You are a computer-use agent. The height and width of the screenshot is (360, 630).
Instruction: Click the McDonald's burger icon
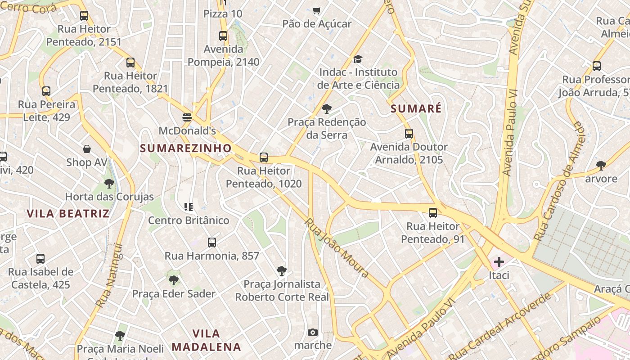coord(188,117)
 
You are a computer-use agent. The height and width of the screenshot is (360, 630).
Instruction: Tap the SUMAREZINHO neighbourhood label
coord(185,148)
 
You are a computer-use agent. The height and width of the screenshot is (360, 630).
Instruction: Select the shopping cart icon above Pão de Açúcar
coord(317,10)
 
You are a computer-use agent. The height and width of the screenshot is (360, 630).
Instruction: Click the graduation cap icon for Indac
coord(358,59)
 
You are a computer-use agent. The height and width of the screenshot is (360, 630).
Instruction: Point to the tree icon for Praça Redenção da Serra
coord(327,109)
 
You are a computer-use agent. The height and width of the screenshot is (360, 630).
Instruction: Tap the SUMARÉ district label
coord(416,108)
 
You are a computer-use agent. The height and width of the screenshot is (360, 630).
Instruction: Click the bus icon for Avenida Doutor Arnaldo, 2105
coord(409,134)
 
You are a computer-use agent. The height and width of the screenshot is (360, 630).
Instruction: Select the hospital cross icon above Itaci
coord(499,261)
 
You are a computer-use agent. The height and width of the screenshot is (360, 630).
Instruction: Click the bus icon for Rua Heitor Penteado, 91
coord(432,213)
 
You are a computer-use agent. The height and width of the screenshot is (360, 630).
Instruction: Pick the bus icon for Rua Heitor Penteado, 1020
coord(264,157)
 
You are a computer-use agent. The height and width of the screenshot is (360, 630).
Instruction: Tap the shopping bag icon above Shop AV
coord(86,149)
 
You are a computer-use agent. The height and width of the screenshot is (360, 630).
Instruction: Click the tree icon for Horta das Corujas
coord(109,184)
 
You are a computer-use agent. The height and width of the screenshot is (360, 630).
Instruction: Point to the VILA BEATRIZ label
coord(68,213)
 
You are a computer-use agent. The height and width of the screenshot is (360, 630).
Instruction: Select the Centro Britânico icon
coord(189,207)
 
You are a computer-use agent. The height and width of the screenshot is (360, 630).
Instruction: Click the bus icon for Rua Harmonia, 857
coord(212,243)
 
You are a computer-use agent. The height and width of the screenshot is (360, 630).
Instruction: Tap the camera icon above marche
coord(313,333)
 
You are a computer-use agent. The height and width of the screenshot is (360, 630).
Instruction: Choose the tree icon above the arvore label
coord(601,166)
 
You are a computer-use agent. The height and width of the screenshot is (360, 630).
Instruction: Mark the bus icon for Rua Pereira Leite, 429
coord(46,91)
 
